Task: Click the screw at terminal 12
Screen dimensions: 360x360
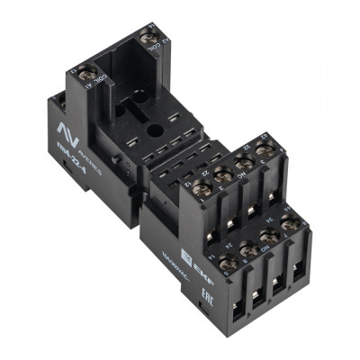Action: coord(202,188)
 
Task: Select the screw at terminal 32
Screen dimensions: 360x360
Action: coord(244,164)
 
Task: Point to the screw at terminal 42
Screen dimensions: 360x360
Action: coord(263,151)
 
